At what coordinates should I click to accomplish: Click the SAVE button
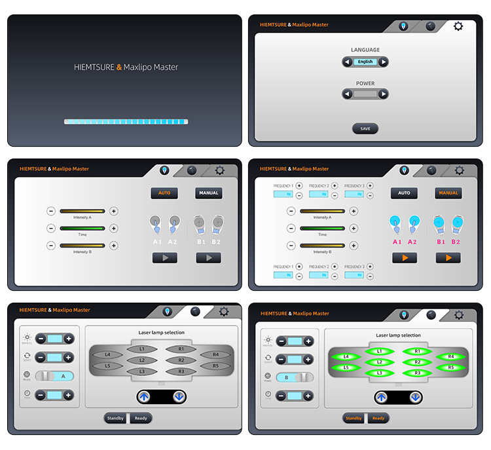pyautogui.click(x=365, y=128)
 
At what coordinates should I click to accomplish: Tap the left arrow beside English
pyautogui.click(x=347, y=62)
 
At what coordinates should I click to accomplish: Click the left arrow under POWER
pyautogui.click(x=347, y=94)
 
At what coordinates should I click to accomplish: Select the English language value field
pyautogui.click(x=365, y=62)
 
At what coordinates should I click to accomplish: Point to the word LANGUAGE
pyautogui.click(x=365, y=50)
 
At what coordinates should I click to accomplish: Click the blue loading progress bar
pyautogui.click(x=126, y=122)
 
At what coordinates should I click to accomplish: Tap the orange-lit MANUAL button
pyautogui.click(x=448, y=193)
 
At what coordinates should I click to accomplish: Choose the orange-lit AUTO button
pyautogui.click(x=164, y=193)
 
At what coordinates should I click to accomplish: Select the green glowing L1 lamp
pyautogui.click(x=379, y=352)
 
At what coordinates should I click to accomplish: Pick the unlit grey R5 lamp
pyautogui.click(x=215, y=365)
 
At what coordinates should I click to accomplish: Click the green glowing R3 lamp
pyautogui.click(x=417, y=372)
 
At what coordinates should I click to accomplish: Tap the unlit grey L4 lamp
pyautogui.click(x=108, y=354)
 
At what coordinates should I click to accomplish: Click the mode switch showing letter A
pyautogui.click(x=55, y=376)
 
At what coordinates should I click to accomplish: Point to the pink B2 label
pyautogui.click(x=456, y=242)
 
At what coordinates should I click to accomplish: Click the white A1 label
pyautogui.click(x=157, y=242)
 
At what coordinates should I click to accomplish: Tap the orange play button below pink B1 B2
pyautogui.click(x=448, y=258)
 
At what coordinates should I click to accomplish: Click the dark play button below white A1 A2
pyautogui.click(x=164, y=258)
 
